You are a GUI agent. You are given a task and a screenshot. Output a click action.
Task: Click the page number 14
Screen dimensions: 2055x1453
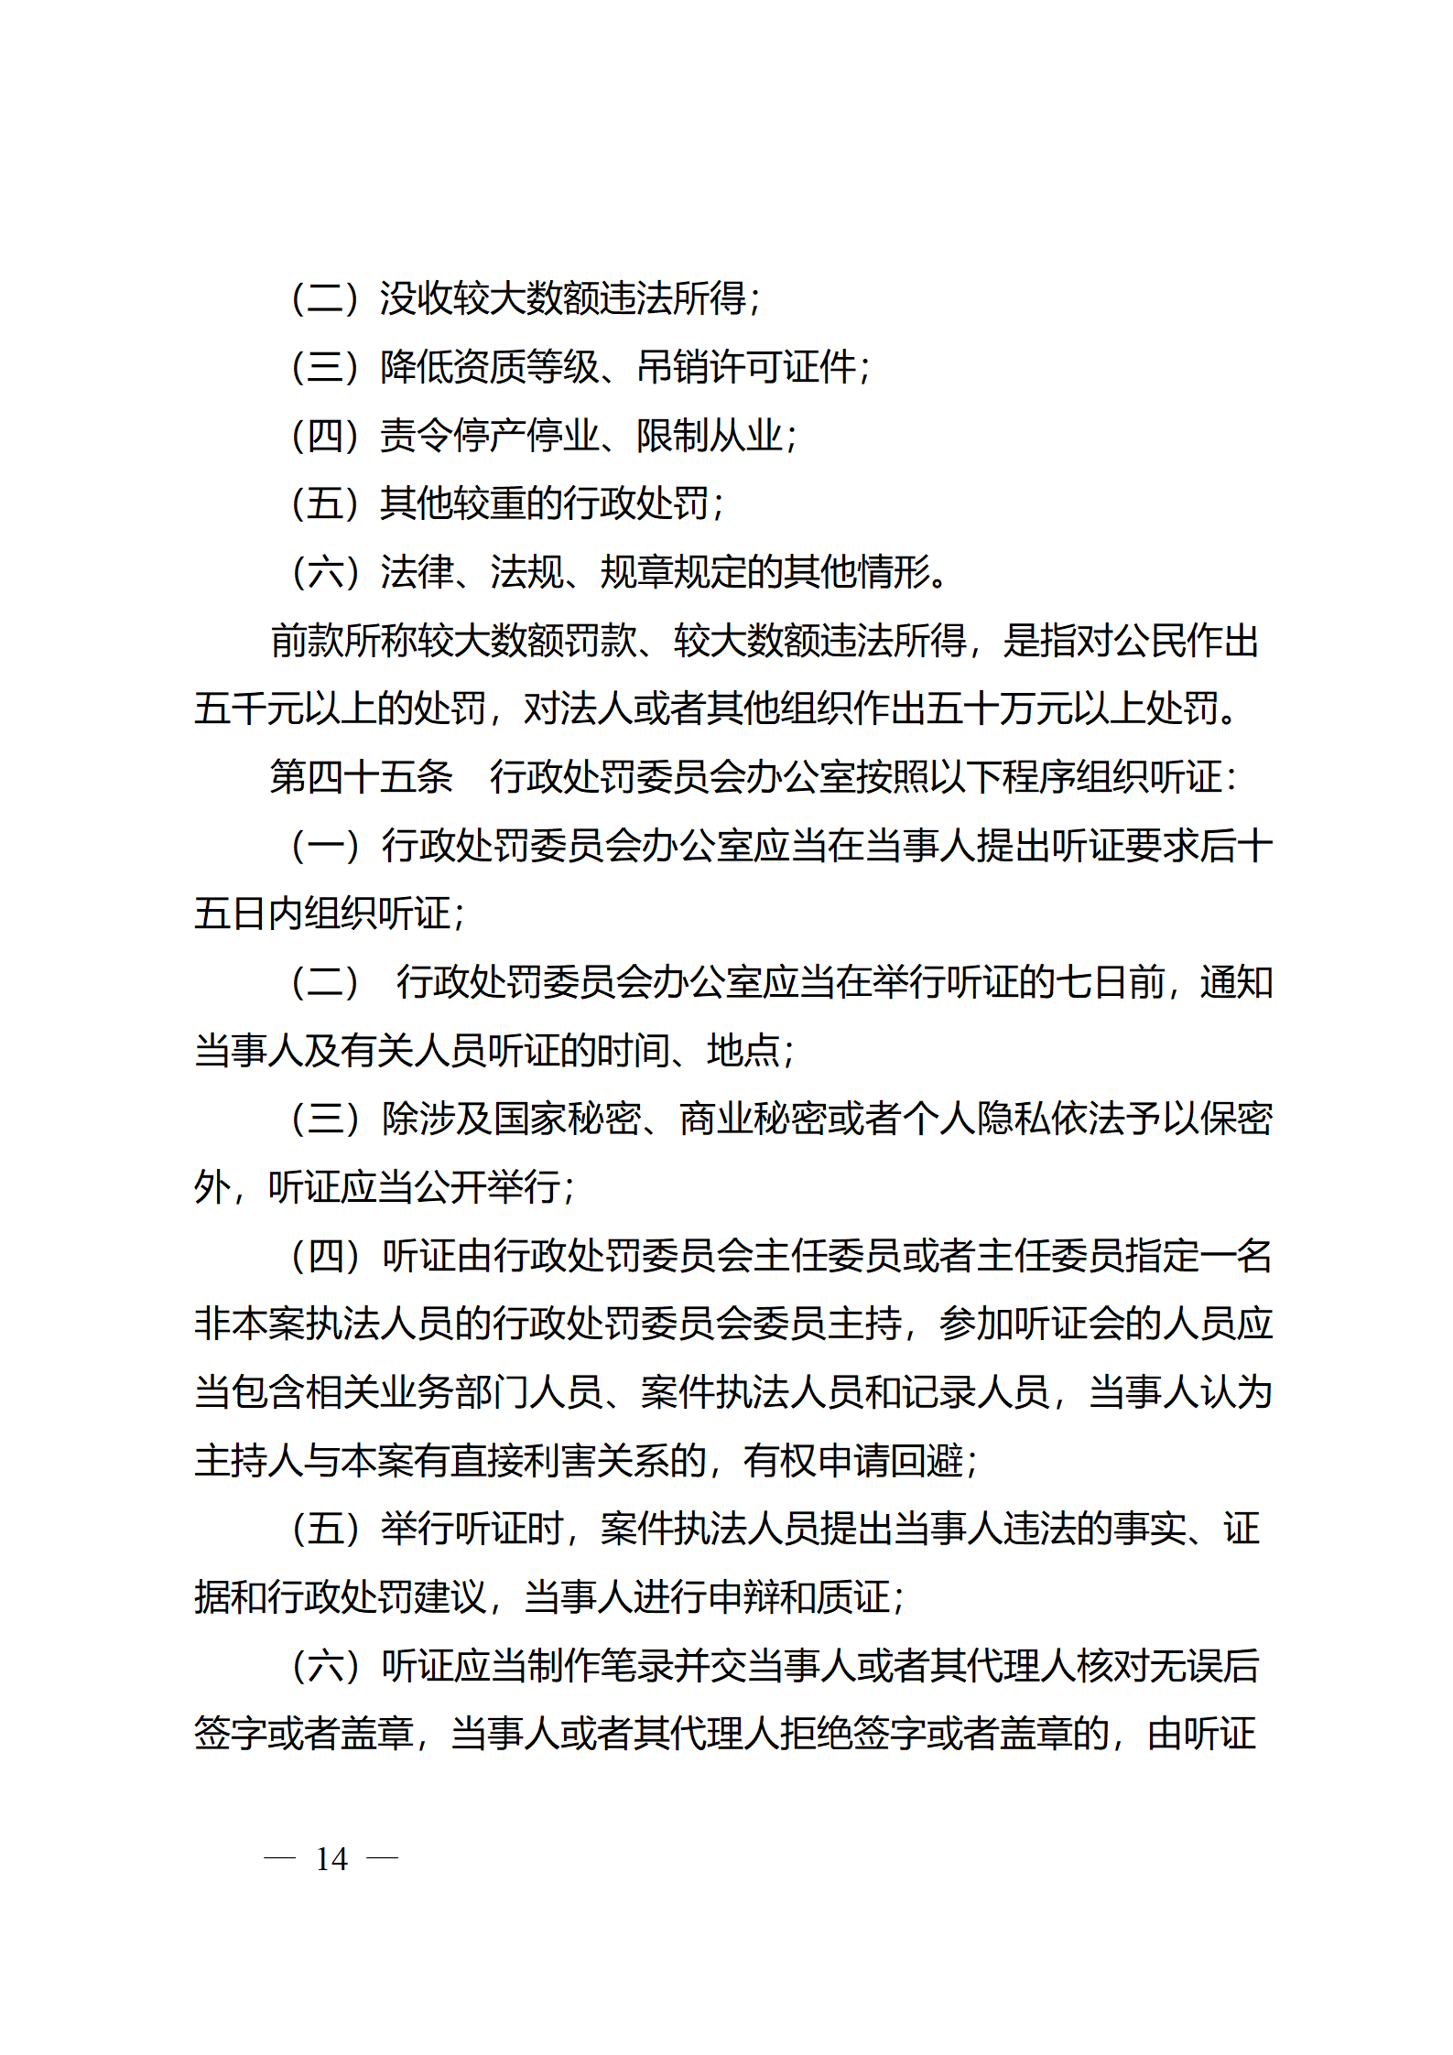[x=331, y=1859]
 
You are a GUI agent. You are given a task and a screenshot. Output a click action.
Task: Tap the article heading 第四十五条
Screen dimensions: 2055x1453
[x=361, y=777]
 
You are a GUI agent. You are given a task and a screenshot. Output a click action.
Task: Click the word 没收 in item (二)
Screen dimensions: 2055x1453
[x=416, y=298]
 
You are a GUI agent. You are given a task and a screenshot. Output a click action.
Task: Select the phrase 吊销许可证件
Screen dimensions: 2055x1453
[x=746, y=367]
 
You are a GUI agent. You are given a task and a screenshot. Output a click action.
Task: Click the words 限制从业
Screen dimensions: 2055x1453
[x=710, y=436]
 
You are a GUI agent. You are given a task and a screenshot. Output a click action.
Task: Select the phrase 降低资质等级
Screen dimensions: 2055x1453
[x=489, y=367]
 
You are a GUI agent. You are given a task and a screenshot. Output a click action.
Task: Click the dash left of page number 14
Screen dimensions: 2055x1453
[x=279, y=1859]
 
